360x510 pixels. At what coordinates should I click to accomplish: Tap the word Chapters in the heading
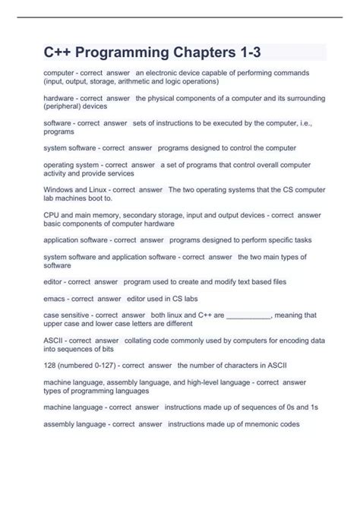tap(209, 52)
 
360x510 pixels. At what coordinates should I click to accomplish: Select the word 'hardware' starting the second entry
tap(59, 99)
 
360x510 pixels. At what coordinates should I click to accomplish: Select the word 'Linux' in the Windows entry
tap(105, 190)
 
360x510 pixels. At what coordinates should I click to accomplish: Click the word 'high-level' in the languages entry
tap(210, 383)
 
